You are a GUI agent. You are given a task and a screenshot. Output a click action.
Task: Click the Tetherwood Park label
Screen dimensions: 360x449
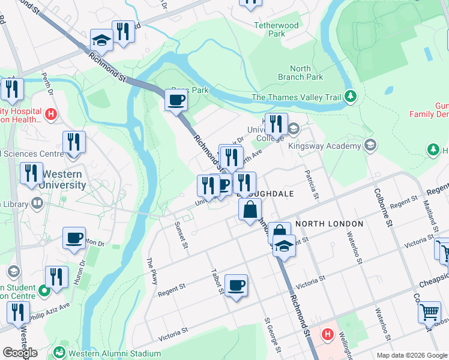[x=276, y=30]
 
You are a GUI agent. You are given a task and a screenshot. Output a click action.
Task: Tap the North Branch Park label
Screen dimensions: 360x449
[x=300, y=73]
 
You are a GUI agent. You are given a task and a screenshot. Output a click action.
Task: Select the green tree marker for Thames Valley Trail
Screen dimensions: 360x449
[x=351, y=97]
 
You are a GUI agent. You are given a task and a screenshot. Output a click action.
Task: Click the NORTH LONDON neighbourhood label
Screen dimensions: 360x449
[x=329, y=224]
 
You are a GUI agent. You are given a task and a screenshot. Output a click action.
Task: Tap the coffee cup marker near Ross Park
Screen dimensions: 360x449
[x=176, y=100]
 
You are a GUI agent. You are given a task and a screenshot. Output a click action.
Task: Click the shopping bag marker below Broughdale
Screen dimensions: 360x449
[x=250, y=211]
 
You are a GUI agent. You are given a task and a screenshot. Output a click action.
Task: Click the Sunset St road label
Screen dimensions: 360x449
[x=180, y=232]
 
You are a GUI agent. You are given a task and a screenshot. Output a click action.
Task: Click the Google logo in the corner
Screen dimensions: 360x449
[x=20, y=353]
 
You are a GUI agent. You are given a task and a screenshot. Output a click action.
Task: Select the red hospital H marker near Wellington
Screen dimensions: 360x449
[x=328, y=334]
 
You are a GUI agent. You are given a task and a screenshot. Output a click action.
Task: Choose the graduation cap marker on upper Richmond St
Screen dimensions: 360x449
[x=101, y=41]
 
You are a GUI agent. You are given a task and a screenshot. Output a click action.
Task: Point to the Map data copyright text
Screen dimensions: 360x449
[x=411, y=355]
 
